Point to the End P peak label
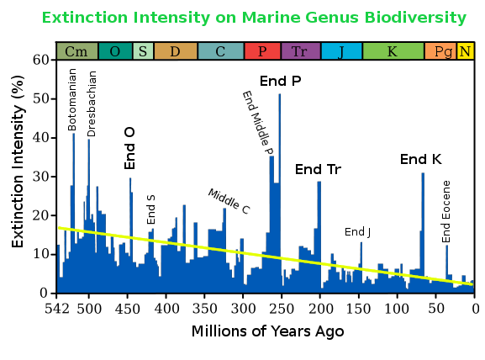pyautogui.click(x=280, y=81)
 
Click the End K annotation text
pyautogui.click(x=420, y=159)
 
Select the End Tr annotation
pyautogui.click(x=318, y=170)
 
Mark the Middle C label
pyautogui.click(x=229, y=200)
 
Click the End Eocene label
pyautogui.click(x=446, y=211)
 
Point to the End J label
pyautogui.click(x=357, y=232)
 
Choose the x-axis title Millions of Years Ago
pyautogui.click(x=266, y=331)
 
